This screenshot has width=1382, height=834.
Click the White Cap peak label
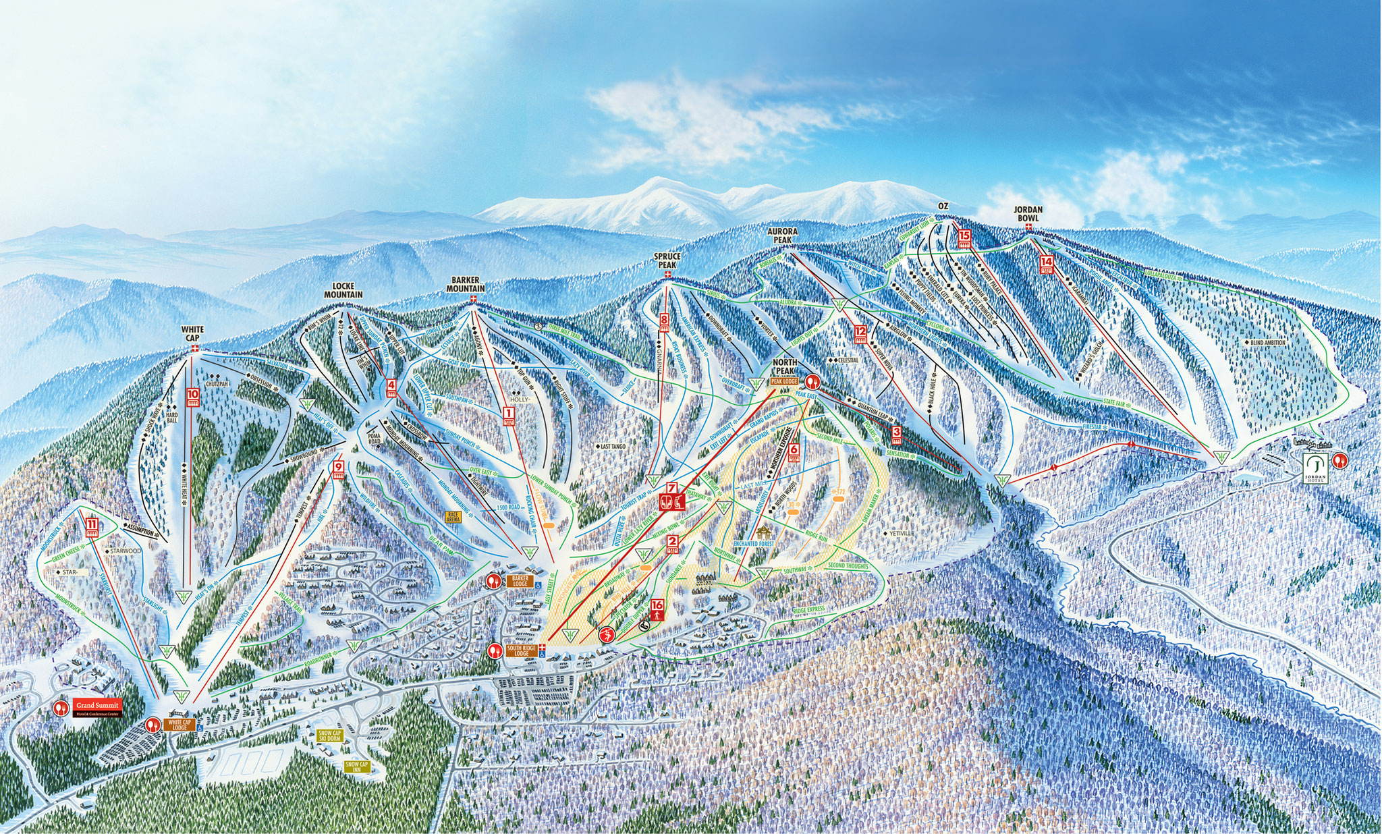pos(192,333)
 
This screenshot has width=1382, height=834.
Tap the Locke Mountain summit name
pos(343,291)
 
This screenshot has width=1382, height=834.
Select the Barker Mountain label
pos(466,284)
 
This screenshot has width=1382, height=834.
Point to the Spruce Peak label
pos(668,260)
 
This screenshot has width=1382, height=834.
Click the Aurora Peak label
pos(783,235)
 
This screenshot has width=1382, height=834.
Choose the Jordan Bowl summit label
pos(1028,214)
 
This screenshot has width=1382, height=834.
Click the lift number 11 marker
pos(92,525)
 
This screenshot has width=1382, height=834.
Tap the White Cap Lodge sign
pos(179,725)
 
